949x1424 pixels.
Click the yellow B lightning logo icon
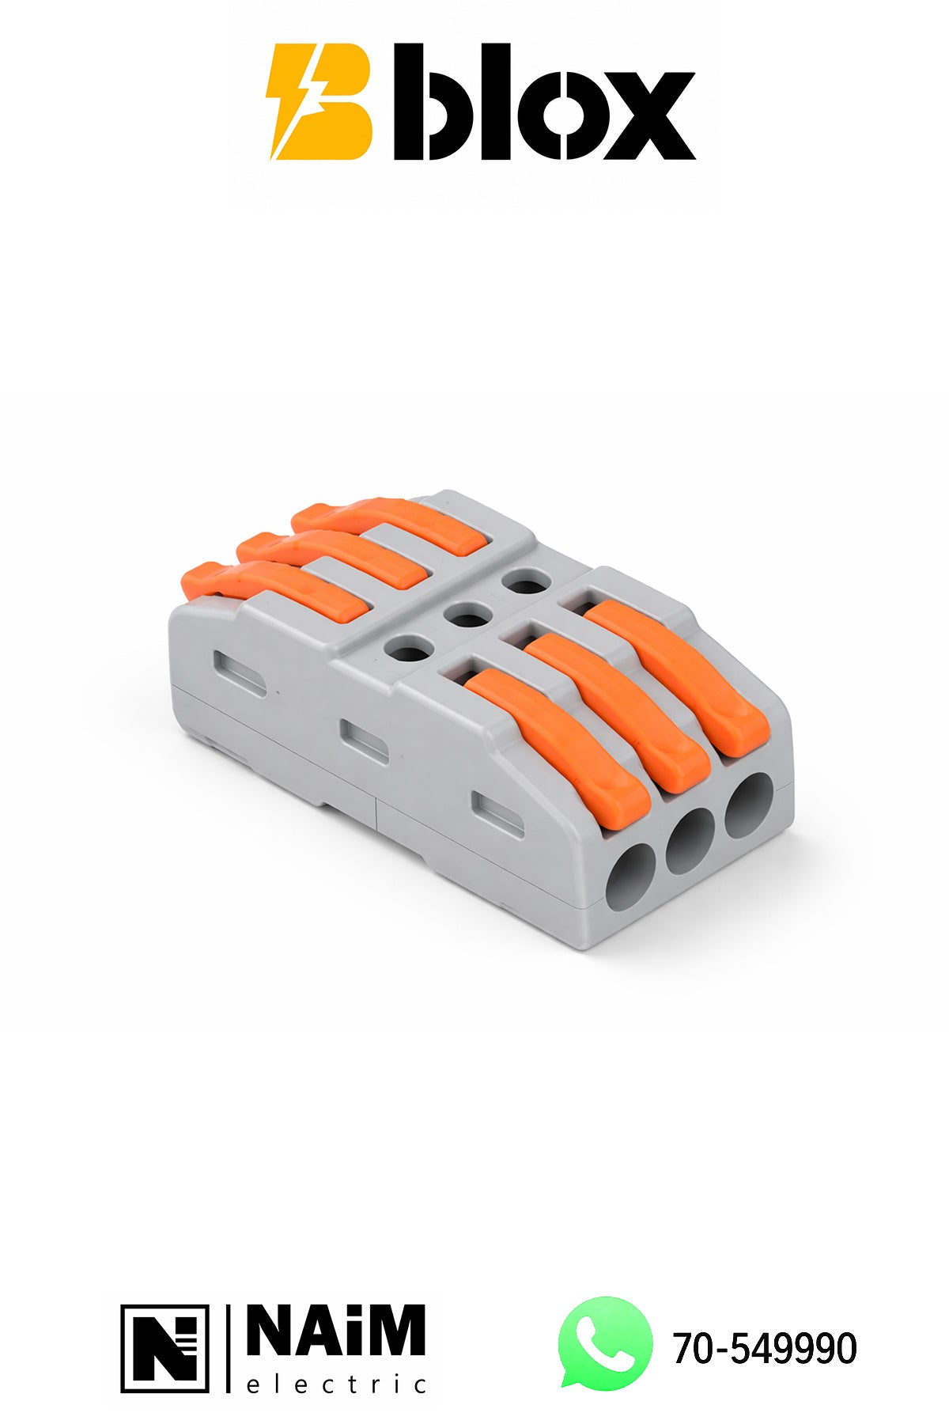point(320,102)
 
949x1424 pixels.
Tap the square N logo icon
point(165,1349)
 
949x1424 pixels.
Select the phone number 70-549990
point(765,1348)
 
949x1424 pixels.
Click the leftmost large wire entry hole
point(630,876)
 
